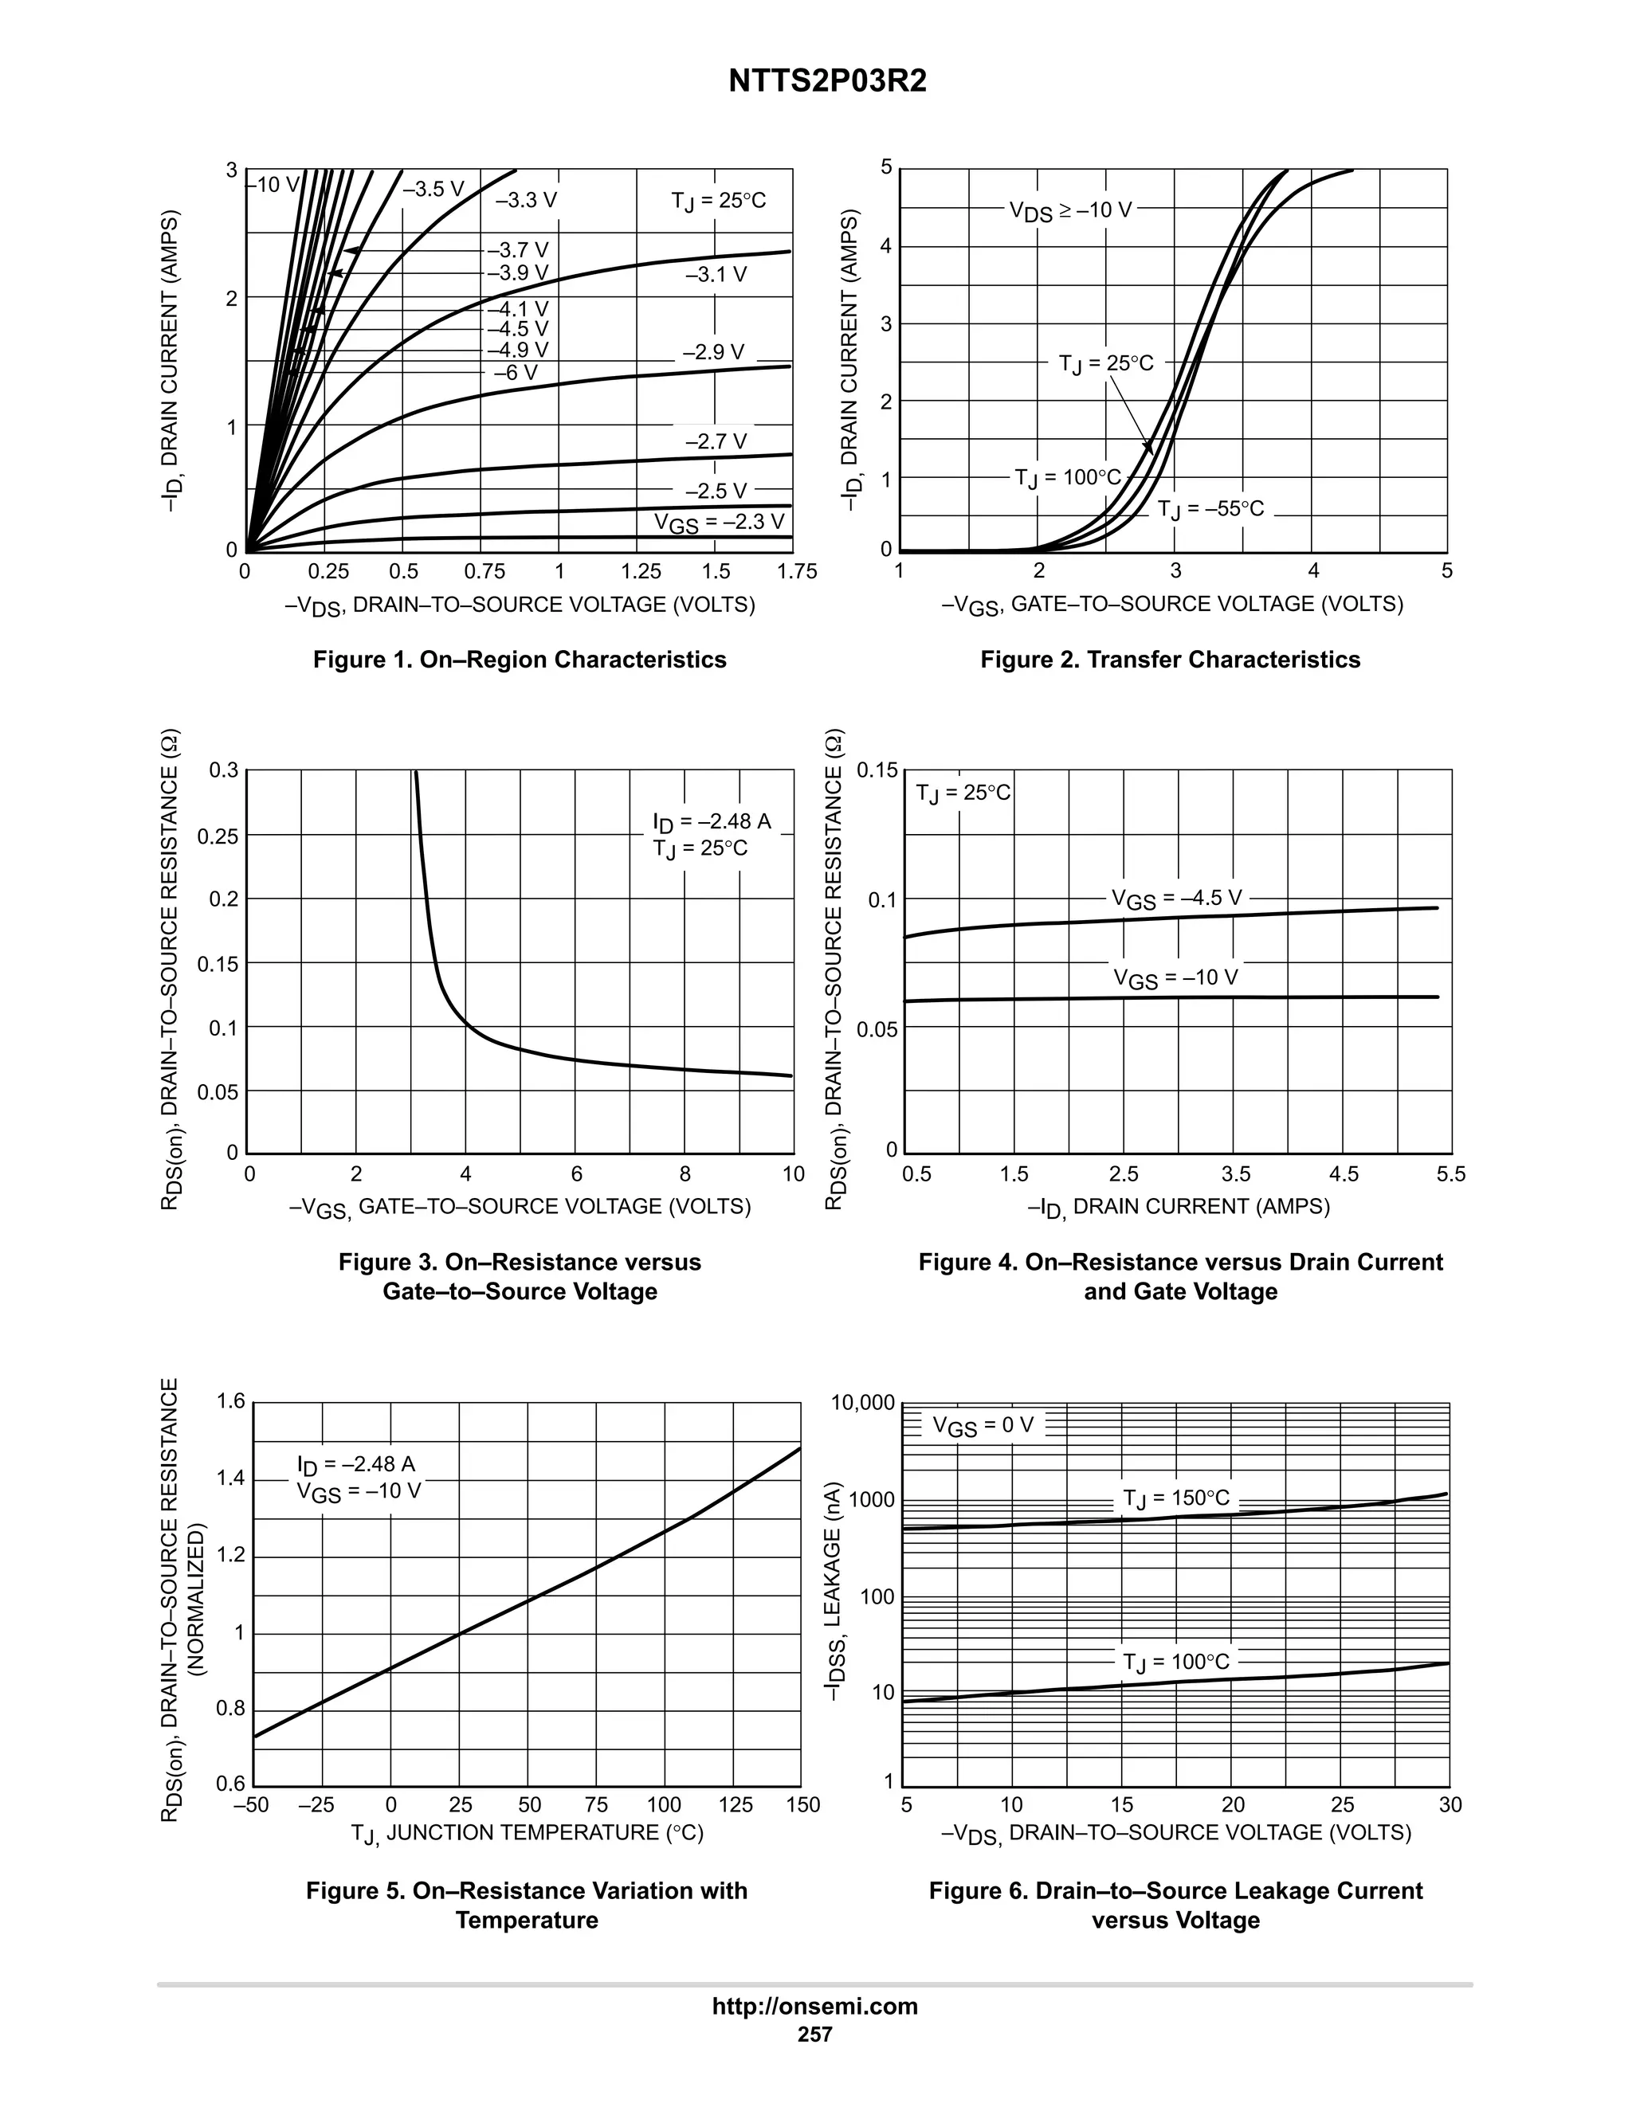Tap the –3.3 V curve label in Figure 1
[x=526, y=200]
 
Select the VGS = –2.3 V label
[x=720, y=522]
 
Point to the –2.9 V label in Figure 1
[x=713, y=352]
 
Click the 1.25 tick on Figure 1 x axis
[x=641, y=571]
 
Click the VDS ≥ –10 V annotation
[x=1070, y=210]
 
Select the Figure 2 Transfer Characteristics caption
[x=1170, y=660]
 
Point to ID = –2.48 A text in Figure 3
[x=712, y=821]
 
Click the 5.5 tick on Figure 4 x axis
[x=1450, y=1174]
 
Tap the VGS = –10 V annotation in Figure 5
[x=359, y=1491]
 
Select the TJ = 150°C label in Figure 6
[x=1175, y=1498]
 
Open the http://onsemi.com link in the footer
[x=814, y=2006]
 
